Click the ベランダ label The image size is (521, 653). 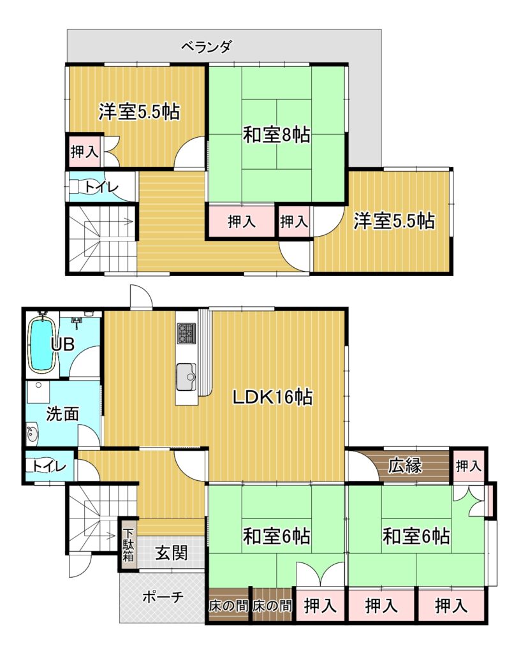click(x=206, y=47)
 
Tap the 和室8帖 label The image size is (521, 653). click(x=276, y=135)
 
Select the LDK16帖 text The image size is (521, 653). click(x=272, y=397)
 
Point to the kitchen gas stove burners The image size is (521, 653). click(x=186, y=333)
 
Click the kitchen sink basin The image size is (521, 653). click(x=186, y=377)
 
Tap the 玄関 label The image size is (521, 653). click(x=171, y=553)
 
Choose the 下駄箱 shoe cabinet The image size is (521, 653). click(x=128, y=545)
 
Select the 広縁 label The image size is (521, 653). click(x=405, y=466)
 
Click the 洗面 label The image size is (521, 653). click(x=62, y=413)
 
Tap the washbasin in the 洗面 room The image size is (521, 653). click(x=32, y=434)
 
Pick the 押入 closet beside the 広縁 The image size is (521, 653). click(x=469, y=466)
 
